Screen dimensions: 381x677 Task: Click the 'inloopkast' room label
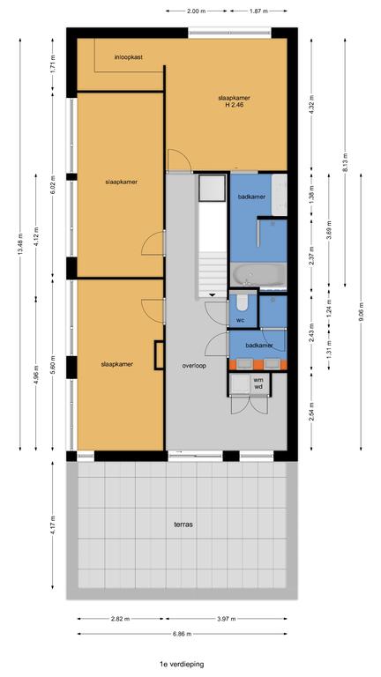click(129, 57)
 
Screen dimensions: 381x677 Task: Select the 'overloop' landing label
click(194, 366)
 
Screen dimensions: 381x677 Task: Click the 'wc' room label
click(241, 320)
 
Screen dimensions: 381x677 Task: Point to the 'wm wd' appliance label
click(258, 383)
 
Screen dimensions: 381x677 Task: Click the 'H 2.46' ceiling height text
click(235, 105)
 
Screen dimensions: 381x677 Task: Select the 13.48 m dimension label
click(20, 244)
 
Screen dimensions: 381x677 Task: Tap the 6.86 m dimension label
click(182, 634)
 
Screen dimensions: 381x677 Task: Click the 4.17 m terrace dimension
click(53, 524)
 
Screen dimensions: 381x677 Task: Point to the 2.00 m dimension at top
click(197, 11)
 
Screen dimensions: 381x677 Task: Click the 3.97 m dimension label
click(227, 619)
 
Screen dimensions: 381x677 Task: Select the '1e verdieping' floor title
click(182, 664)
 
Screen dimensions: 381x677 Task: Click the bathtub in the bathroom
click(258, 275)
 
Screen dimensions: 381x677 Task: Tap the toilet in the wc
click(242, 303)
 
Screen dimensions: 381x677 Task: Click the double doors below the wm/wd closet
click(244, 405)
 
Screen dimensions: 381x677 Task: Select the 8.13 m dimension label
click(345, 162)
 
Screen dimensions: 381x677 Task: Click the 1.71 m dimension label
click(53, 64)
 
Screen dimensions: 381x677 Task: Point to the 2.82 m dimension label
click(121, 619)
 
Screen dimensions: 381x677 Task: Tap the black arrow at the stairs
click(213, 295)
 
